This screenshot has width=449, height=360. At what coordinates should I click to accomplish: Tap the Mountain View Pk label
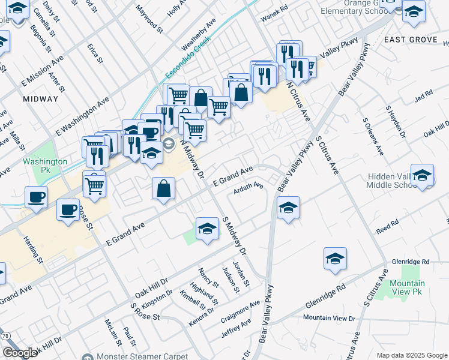coord(407,287)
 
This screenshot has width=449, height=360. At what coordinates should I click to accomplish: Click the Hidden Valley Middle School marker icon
coord(422,175)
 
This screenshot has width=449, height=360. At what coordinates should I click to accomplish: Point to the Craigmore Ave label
coord(240,311)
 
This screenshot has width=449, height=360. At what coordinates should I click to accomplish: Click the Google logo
coord(19,352)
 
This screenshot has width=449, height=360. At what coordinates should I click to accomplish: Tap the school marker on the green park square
coord(207,228)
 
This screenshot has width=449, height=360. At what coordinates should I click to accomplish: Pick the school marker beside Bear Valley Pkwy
coord(288,208)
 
